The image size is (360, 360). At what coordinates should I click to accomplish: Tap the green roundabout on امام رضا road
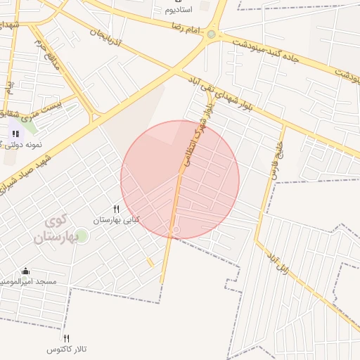point(211,34)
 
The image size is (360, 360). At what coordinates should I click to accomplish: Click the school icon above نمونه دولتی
point(15,133)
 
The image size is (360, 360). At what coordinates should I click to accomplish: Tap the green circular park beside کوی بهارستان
point(82,235)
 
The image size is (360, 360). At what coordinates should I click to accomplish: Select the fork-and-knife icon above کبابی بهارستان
point(117,209)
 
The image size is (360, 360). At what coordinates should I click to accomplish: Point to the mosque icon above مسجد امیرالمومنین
point(26,271)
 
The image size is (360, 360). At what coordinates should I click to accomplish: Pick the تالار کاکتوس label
point(67,349)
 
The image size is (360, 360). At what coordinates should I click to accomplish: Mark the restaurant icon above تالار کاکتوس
point(67,338)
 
